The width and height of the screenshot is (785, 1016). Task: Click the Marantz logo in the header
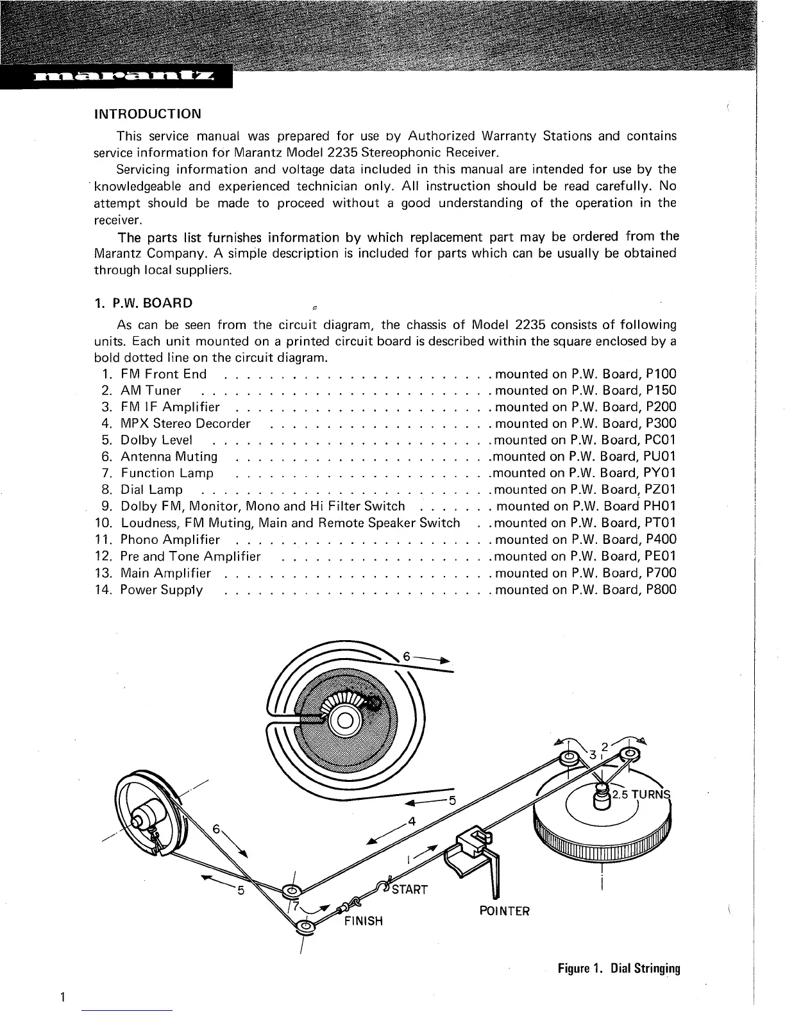pyautogui.click(x=115, y=78)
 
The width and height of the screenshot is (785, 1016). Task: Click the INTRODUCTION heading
pyautogui.click(x=148, y=114)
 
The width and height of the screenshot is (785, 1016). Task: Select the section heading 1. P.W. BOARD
pyautogui.click(x=143, y=303)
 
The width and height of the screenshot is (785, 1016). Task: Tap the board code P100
pyautogui.click(x=661, y=374)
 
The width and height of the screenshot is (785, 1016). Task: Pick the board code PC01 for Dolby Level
pyautogui.click(x=660, y=440)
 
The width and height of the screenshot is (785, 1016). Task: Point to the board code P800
pyautogui.click(x=661, y=590)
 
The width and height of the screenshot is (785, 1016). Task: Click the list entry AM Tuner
pyautogui.click(x=150, y=391)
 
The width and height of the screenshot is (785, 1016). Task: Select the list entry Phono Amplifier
pyautogui.click(x=170, y=540)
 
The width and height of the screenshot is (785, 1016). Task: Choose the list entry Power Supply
pyautogui.click(x=162, y=590)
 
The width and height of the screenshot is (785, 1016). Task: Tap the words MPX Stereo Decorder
pyautogui.click(x=185, y=424)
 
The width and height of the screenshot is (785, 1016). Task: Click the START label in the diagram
pyautogui.click(x=409, y=890)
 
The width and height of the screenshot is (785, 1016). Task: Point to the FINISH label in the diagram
pyautogui.click(x=364, y=921)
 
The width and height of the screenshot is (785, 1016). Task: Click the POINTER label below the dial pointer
pyautogui.click(x=505, y=911)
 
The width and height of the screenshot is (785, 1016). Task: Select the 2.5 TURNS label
pyautogui.click(x=641, y=793)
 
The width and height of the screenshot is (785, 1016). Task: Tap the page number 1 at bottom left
pyautogui.click(x=62, y=996)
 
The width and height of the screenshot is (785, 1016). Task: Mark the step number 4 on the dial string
pyautogui.click(x=412, y=822)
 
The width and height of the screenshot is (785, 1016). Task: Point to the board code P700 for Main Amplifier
pyautogui.click(x=661, y=573)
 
